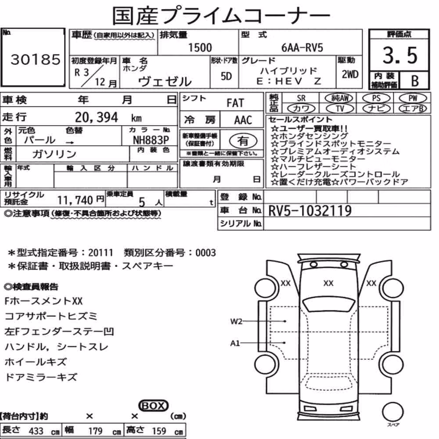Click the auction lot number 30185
click(35, 59)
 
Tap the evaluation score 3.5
click(400, 55)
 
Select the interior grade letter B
click(415, 81)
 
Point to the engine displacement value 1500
click(200, 47)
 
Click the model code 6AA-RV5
click(302, 47)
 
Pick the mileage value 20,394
click(96, 117)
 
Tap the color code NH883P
click(151, 140)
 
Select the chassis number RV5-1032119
click(309, 211)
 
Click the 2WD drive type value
click(350, 75)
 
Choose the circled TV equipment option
click(340, 108)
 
